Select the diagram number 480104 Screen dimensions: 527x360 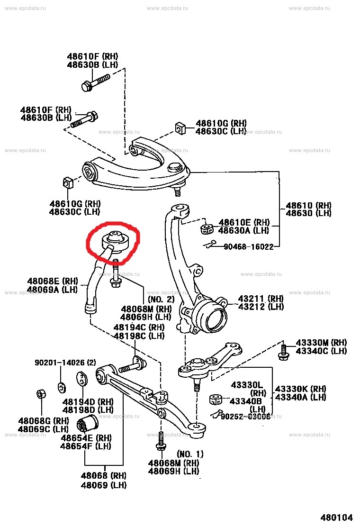pyautogui.click(x=338, y=517)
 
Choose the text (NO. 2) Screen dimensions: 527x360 pyautogui.click(x=161, y=299)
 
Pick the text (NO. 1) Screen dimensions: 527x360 pyautogui.click(x=190, y=454)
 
